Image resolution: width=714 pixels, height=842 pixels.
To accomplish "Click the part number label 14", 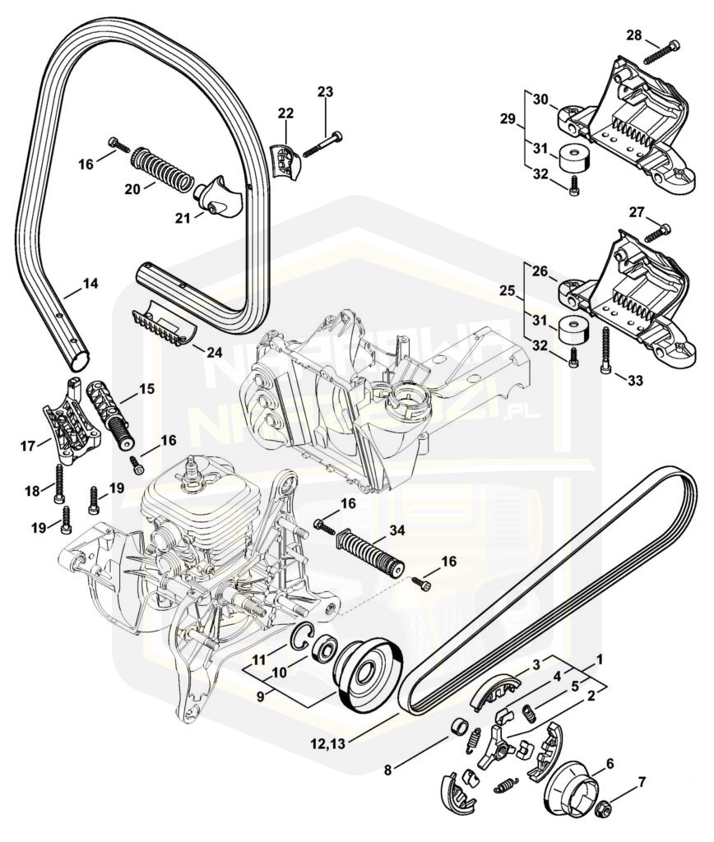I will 90,284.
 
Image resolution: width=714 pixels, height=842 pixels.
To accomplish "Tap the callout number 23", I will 326,92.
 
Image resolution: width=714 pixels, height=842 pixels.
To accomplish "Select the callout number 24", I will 214,353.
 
